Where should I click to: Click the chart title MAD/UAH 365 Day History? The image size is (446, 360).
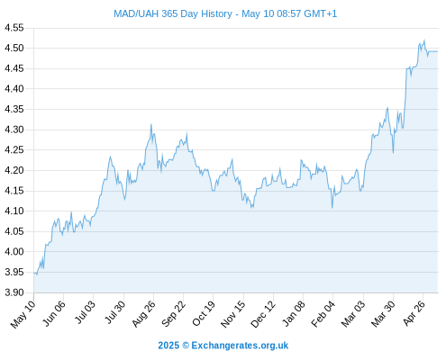[x=173, y=13]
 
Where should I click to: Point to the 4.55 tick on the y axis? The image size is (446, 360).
[x=14, y=28]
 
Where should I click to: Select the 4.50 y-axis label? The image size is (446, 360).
[x=14, y=48]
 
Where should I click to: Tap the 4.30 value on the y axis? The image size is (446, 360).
[x=14, y=130]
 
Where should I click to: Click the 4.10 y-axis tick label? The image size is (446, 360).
[x=14, y=211]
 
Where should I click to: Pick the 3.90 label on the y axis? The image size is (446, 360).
[x=14, y=292]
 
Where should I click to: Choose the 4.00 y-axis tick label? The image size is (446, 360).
[x=14, y=251]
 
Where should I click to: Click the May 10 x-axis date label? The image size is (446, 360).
[x=23, y=314]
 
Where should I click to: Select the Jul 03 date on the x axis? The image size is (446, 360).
[x=85, y=312]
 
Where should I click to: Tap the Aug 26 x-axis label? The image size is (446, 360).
[x=144, y=314]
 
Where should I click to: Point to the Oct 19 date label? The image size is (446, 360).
[x=204, y=313]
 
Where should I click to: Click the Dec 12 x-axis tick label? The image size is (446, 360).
[x=263, y=314]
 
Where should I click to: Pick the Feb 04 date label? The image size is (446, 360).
[x=323, y=314]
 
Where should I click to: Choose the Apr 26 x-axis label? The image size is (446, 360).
[x=414, y=313]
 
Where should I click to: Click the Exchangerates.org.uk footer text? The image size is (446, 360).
[x=240, y=346]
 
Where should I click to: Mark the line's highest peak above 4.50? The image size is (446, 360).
[x=424, y=40]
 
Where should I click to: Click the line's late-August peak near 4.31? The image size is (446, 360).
[x=151, y=124]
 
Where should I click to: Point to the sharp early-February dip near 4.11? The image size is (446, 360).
[x=332, y=208]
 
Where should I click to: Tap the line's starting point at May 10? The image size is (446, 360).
[x=34, y=273]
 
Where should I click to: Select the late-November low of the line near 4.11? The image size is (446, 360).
[x=251, y=208]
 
